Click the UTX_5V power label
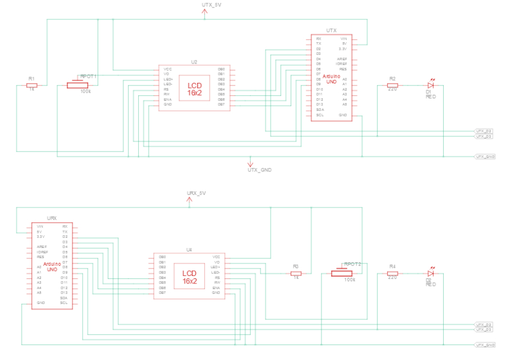point(211,5)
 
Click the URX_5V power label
point(196,193)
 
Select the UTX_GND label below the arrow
point(260,170)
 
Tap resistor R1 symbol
point(32,85)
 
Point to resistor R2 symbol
point(392,85)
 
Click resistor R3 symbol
point(296,273)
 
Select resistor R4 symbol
point(392,273)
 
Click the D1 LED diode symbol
point(431,85)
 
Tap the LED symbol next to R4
point(431,273)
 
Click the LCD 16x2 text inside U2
point(195,89)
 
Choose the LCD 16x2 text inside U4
point(190,277)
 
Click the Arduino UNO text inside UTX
point(331,79)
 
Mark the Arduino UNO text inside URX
point(52,267)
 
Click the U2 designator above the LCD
point(194,61)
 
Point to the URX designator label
point(52,218)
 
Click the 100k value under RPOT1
point(86,91)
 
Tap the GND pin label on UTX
point(343,115)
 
